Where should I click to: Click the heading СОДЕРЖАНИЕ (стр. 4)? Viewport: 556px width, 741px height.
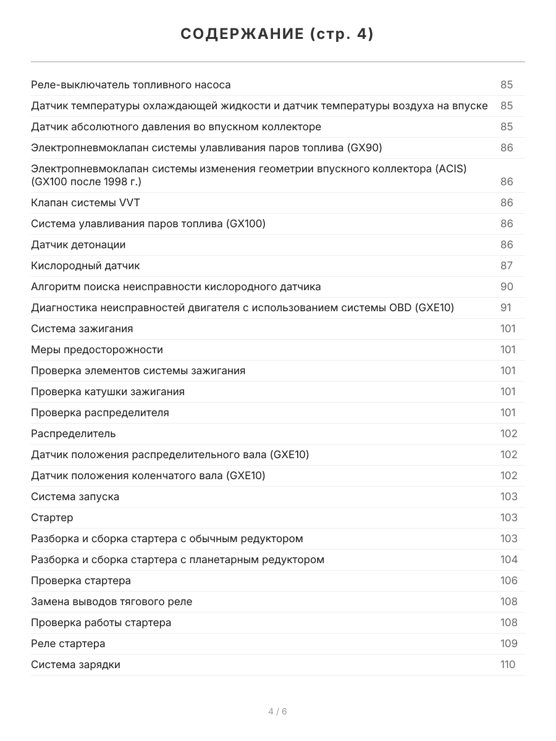pos(277,35)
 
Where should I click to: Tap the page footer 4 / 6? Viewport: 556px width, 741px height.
pos(277,711)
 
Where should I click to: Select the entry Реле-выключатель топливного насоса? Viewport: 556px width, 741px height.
pos(131,85)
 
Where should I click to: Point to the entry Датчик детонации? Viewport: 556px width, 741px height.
pos(78,245)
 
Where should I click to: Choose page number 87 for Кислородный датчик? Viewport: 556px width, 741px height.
pos(507,266)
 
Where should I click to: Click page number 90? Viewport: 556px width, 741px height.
pos(507,287)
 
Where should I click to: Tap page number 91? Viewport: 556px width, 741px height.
pos(506,308)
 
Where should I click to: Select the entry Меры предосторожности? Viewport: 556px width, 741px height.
pos(97,350)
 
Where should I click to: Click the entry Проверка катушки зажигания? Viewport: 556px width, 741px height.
pos(108,391)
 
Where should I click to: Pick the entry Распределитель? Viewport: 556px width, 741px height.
pos(74,433)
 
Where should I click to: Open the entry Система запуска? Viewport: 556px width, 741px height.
pos(75,496)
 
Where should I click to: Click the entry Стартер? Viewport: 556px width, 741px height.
pos(52,517)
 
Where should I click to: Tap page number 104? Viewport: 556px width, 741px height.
pos(508,559)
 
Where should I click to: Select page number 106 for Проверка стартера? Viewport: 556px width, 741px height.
pos(508,580)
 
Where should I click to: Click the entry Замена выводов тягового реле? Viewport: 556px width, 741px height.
pos(112,601)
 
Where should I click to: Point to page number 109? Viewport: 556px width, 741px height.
pos(508,643)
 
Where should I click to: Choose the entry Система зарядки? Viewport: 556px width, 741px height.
pos(76,664)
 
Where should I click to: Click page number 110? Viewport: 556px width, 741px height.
pos(507,664)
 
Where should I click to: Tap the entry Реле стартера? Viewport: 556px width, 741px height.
pos(69,643)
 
